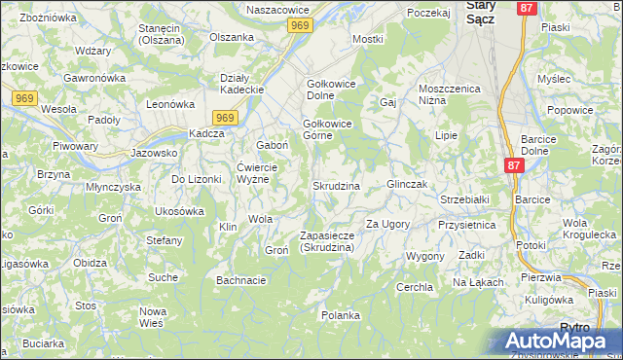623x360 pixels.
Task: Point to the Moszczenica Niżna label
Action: (450, 94)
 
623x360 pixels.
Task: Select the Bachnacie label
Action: (241, 281)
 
